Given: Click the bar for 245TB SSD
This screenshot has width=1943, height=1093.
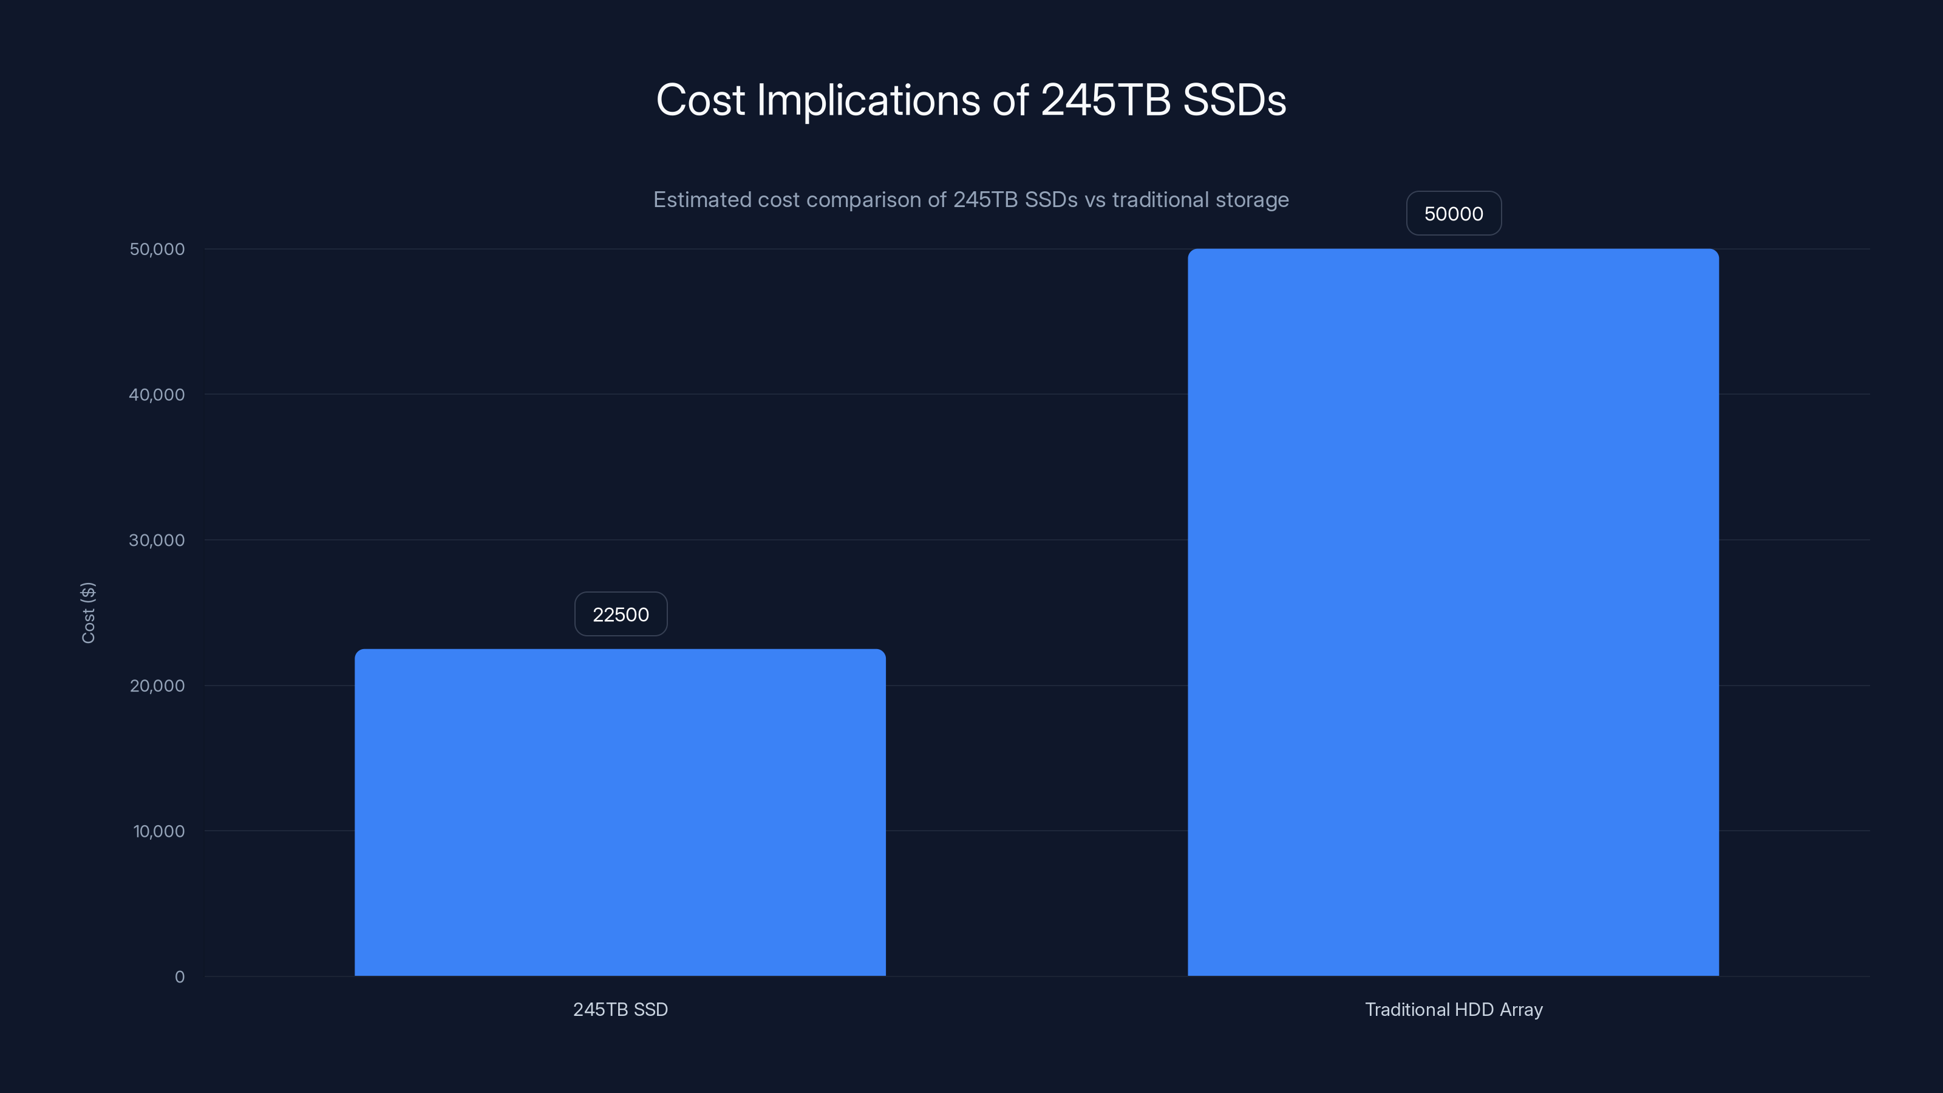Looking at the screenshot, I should click(620, 812).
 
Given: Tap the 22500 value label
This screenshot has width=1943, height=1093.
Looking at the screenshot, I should click(620, 614).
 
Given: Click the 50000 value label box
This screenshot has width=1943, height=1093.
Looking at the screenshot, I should click(1453, 214).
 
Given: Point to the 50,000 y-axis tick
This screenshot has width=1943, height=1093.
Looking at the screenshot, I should click(157, 249).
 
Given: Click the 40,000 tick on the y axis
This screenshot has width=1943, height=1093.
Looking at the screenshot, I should click(157, 395).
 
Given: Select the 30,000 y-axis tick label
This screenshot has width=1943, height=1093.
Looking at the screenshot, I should click(157, 540).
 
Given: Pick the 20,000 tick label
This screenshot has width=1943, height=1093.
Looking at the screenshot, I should click(157, 686).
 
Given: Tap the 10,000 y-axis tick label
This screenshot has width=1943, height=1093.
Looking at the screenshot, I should click(158, 831).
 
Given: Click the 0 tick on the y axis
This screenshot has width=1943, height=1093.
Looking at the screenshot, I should click(180, 977).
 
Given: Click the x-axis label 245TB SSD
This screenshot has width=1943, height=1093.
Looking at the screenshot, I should click(620, 1009).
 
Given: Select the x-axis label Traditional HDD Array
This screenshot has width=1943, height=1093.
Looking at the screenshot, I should click(1453, 1009).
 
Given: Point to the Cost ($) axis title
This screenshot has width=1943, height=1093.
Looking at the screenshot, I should click(88, 613).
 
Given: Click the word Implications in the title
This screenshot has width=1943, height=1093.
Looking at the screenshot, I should click(868, 100).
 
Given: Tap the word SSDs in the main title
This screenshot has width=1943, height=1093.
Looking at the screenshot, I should click(1234, 100).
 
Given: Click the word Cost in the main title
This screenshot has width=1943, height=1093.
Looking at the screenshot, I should click(700, 100).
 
